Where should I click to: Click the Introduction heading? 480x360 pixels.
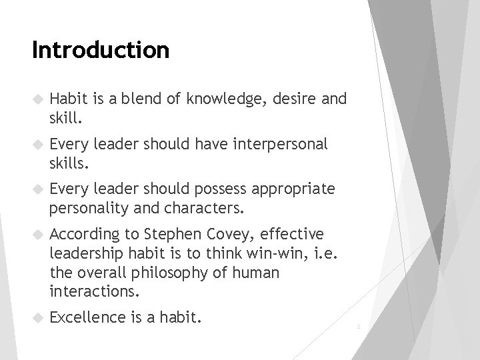[101, 50]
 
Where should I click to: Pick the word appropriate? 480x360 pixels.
[293, 189]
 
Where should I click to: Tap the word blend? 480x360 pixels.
[127, 100]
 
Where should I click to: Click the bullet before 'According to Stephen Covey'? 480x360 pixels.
[37, 234]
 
